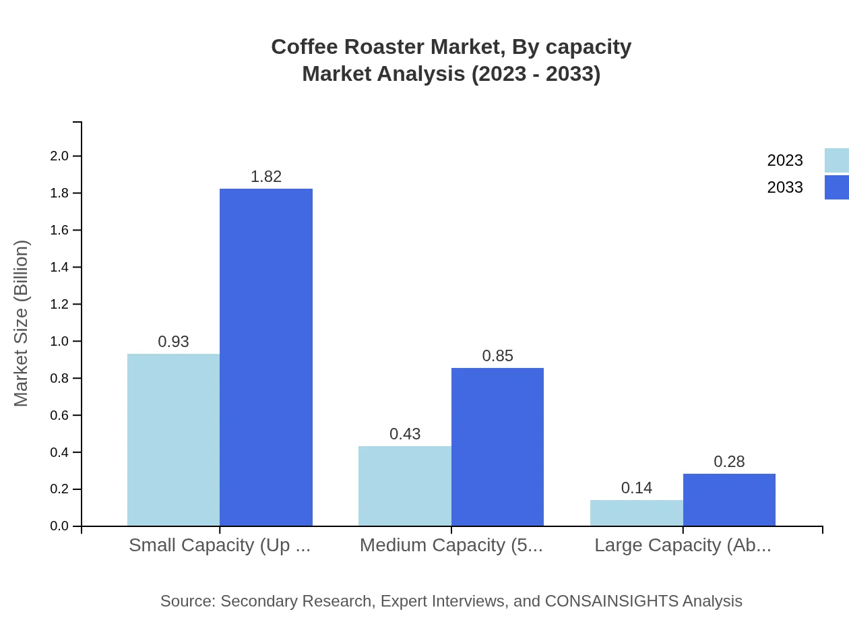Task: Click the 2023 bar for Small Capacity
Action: [x=173, y=439]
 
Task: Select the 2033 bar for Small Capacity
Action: [x=266, y=357]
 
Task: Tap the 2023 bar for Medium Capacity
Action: [x=405, y=486]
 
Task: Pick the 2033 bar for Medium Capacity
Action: [x=497, y=447]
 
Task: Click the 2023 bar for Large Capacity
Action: [x=637, y=513]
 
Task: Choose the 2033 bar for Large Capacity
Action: [x=729, y=499]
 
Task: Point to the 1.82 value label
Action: [x=266, y=177]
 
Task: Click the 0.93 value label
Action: [x=173, y=342]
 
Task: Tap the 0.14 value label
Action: [x=637, y=488]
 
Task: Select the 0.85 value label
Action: [x=497, y=356]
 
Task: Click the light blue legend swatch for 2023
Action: [x=837, y=160]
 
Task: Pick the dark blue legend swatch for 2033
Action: [x=837, y=187]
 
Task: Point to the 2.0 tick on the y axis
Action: [x=59, y=156]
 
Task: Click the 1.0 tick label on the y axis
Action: [x=59, y=342]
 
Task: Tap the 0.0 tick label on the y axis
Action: [x=59, y=526]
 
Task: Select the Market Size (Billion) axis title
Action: [x=22, y=323]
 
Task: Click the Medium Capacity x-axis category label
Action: [x=451, y=545]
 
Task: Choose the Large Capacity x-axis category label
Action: [x=683, y=545]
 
